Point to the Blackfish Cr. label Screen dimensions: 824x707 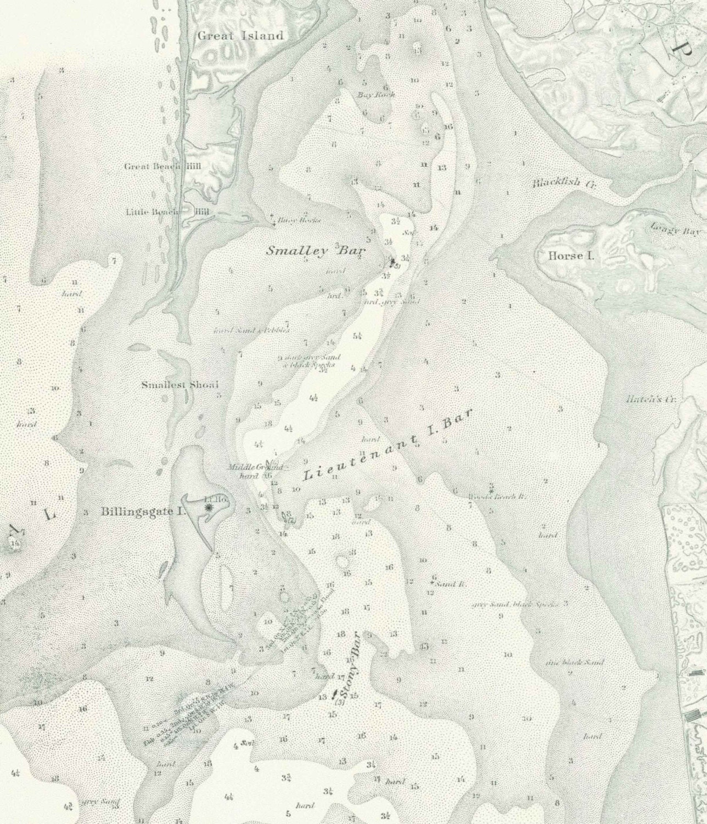[x=564, y=183]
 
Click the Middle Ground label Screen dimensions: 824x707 [x=256, y=467]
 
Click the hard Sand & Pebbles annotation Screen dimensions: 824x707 [x=251, y=330]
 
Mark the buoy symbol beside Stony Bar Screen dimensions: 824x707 [x=335, y=694]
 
